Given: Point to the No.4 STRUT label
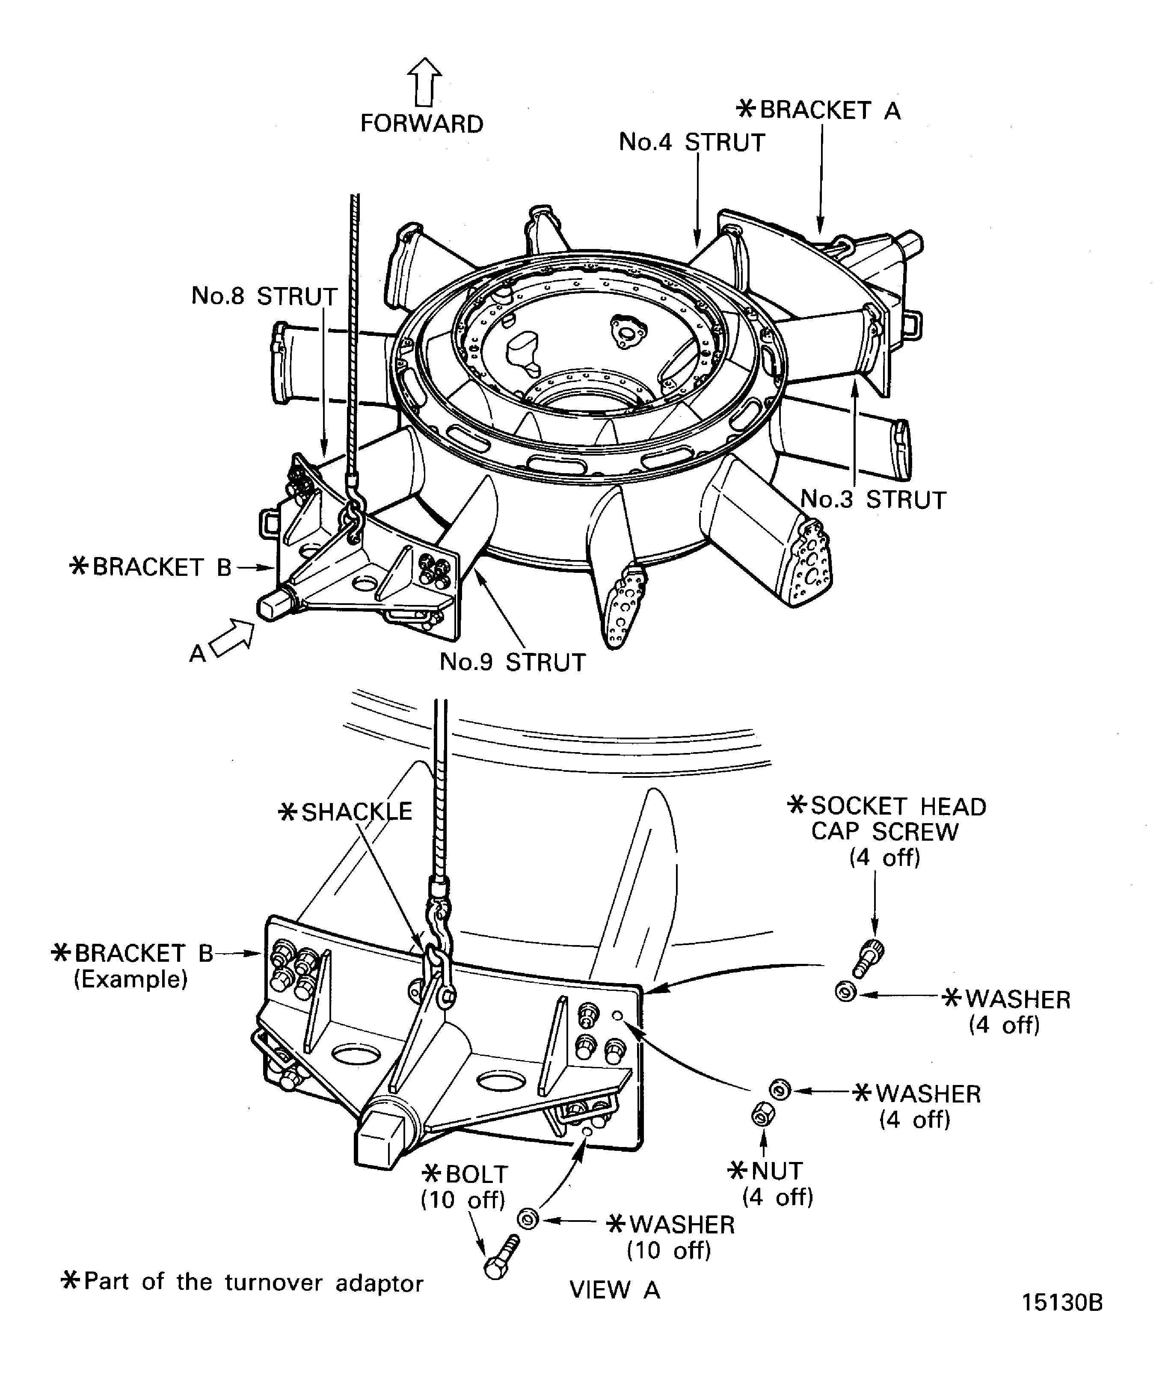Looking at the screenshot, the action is [692, 142].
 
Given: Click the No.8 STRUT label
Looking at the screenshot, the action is [264, 296].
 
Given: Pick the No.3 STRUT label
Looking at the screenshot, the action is [873, 500].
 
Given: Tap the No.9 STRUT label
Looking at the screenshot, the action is [513, 662].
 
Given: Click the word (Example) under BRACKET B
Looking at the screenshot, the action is [130, 980].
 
